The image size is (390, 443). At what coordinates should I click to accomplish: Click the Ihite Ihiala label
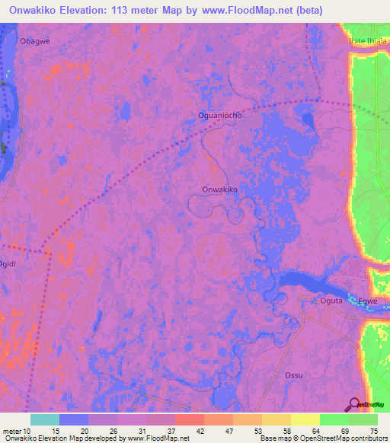[x=368, y=41]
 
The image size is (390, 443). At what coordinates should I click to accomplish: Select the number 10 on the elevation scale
[x=25, y=431]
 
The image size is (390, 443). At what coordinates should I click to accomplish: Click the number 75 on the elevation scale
[x=372, y=431]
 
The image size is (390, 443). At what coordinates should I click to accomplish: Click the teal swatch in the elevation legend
[x=45, y=419]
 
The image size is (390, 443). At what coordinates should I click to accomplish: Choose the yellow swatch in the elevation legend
[x=305, y=419]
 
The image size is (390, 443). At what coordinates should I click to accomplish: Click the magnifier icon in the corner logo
[x=353, y=404]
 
